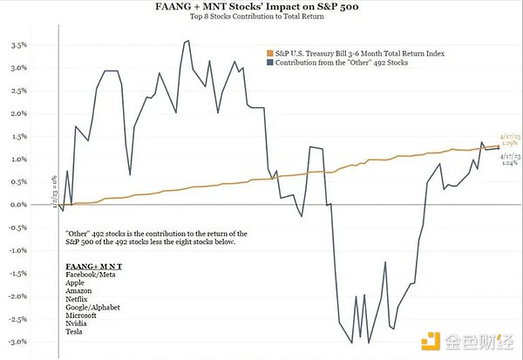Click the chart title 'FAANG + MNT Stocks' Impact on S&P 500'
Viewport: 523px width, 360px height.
[x=261, y=8]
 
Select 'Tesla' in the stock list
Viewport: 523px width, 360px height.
[x=76, y=331]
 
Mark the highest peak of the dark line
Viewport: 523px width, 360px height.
[x=188, y=40]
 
